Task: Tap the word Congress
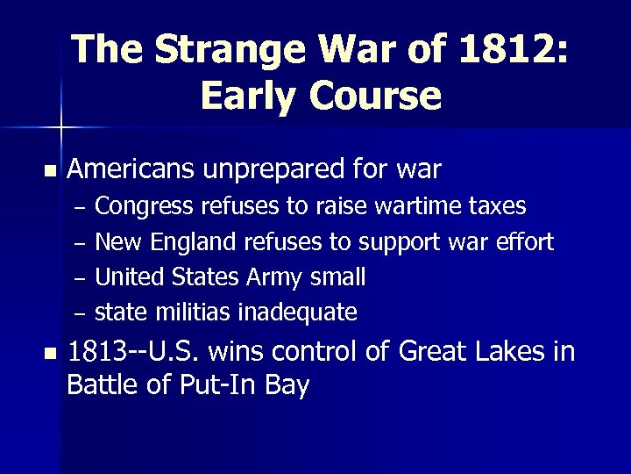[x=145, y=207]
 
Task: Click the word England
[x=197, y=242]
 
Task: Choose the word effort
[x=524, y=241]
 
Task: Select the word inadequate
[x=303, y=312]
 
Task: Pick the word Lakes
[x=509, y=353]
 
